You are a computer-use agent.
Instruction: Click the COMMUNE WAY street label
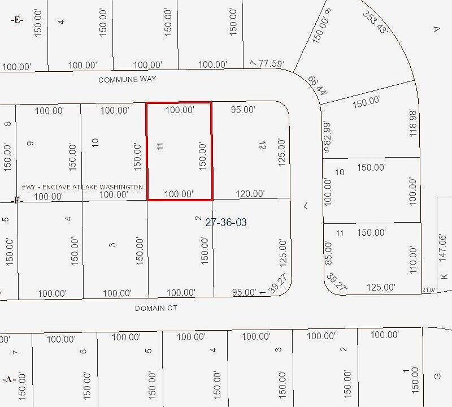(127, 80)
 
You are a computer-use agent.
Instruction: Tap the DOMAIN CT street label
(157, 308)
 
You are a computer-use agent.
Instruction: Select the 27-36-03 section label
(225, 223)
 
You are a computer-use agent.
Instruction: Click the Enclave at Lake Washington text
(82, 187)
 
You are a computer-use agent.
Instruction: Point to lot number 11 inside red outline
(160, 146)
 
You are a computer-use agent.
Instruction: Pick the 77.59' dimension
(271, 64)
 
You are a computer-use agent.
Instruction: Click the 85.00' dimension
(328, 253)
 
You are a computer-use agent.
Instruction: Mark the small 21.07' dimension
(429, 290)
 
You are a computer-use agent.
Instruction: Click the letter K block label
(444, 276)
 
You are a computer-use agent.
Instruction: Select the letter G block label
(436, 376)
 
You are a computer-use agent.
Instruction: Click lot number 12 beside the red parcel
(261, 146)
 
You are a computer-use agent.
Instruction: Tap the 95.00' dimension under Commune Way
(243, 110)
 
